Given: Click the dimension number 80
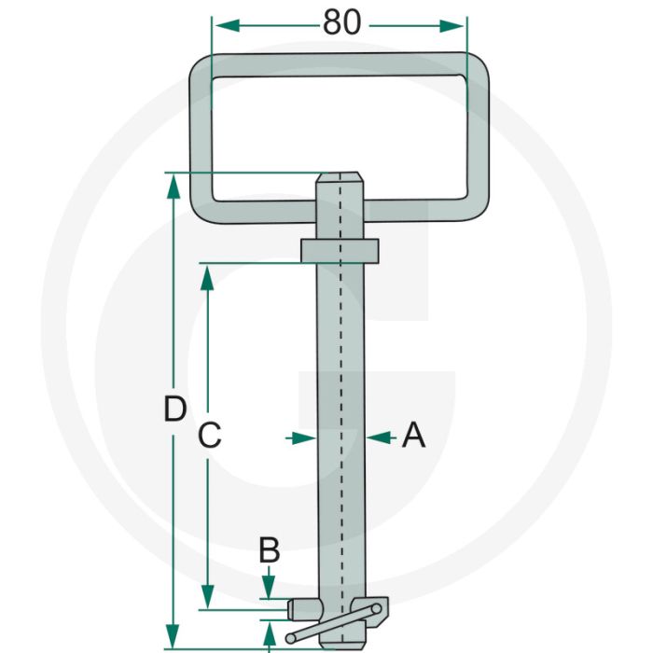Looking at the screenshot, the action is pos(341,22).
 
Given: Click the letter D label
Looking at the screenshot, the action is pos(175,409).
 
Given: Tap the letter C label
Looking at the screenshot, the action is pos(209,435).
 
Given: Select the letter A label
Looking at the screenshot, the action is pos(413,435).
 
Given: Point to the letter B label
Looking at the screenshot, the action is pos(270,550).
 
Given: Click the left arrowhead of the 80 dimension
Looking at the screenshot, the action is pos(228,26).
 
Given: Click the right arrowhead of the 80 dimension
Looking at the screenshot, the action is pos(451,26).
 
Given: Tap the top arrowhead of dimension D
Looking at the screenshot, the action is pos(174,187).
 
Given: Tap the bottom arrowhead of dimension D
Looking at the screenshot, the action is pos(173,636).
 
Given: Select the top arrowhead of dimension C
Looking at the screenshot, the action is pos(207,278).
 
